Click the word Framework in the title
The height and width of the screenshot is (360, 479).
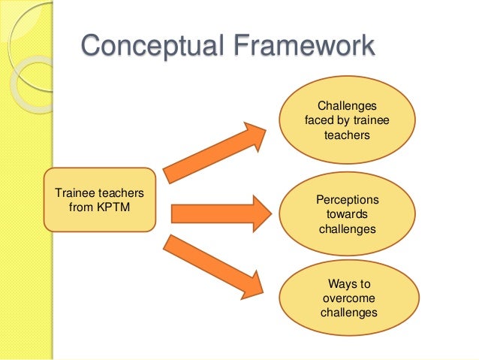coord(297,46)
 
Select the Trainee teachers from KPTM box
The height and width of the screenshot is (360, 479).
coord(100,198)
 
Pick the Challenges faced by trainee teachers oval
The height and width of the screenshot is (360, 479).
coord(347,120)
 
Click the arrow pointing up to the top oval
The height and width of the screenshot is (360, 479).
coord(213,154)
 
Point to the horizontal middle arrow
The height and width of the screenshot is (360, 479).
coord(218,213)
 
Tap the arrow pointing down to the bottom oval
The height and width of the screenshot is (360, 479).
coord(213,267)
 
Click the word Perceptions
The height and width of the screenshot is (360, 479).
coord(348,201)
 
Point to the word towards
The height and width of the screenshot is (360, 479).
coord(348,214)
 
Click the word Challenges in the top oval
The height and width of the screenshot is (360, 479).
coord(348,107)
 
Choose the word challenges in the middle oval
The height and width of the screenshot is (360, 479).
coord(347,228)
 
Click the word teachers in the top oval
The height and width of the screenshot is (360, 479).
coord(347,135)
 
